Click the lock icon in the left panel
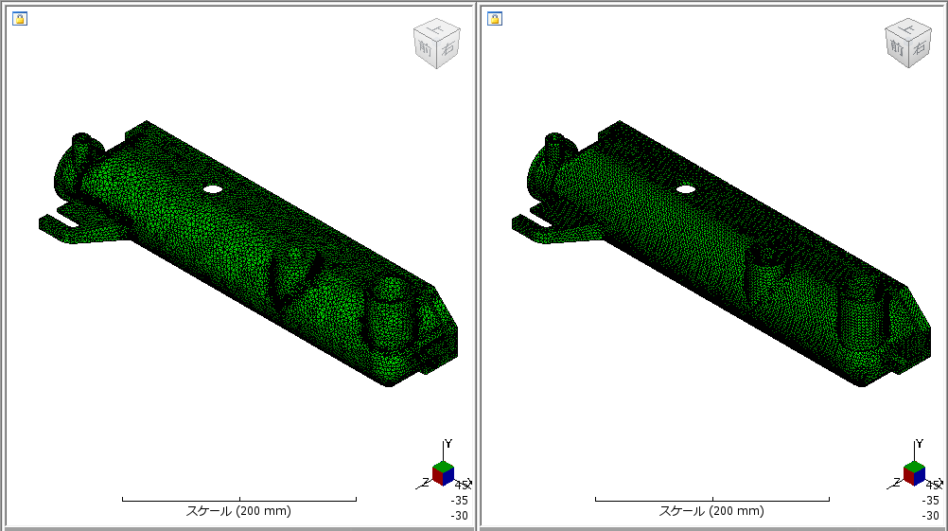click(19, 18)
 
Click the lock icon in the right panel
click(493, 18)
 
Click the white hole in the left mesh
click(213, 189)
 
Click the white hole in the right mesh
click(686, 189)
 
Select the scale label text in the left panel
click(238, 511)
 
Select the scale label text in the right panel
click(711, 511)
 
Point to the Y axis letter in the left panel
click(448, 444)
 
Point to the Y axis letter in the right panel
click(921, 444)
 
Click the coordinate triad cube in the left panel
click(442, 472)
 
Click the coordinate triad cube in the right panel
click(915, 472)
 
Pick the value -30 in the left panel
click(459, 516)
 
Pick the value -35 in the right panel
click(932, 501)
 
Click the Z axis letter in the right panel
click(900, 482)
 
